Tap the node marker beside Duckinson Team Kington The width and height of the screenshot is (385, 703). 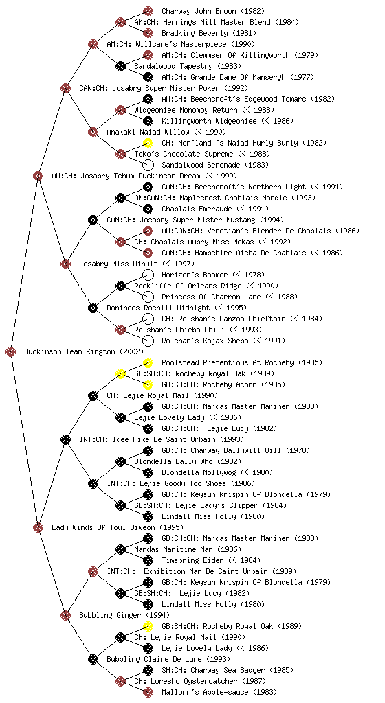click(x=11, y=352)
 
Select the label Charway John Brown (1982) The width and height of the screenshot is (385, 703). click(x=213, y=11)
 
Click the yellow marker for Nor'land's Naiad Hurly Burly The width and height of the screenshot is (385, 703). click(x=148, y=143)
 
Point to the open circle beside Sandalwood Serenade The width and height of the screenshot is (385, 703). click(x=148, y=165)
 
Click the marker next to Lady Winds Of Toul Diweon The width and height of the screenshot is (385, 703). click(x=38, y=527)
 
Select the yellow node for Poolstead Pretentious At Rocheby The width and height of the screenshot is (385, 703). click(x=148, y=362)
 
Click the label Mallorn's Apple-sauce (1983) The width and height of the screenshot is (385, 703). click(x=219, y=692)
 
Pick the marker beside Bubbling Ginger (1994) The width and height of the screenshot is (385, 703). click(x=65, y=615)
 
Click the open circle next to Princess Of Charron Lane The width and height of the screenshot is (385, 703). click(x=148, y=297)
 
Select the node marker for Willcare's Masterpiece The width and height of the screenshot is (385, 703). click(x=93, y=44)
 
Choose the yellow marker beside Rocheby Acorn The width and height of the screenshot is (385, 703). click(x=148, y=384)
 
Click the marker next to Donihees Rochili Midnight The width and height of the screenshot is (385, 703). click(x=93, y=308)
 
